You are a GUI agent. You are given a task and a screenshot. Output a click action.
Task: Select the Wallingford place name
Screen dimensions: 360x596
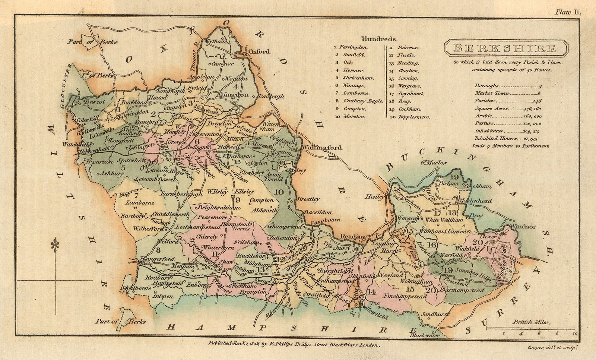(323, 148)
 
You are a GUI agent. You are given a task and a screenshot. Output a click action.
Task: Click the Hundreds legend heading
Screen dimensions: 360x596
(379, 38)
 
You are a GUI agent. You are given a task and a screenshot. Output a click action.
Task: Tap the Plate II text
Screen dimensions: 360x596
(568, 12)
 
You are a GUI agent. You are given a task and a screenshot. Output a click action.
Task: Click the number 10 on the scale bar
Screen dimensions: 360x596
(575, 333)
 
